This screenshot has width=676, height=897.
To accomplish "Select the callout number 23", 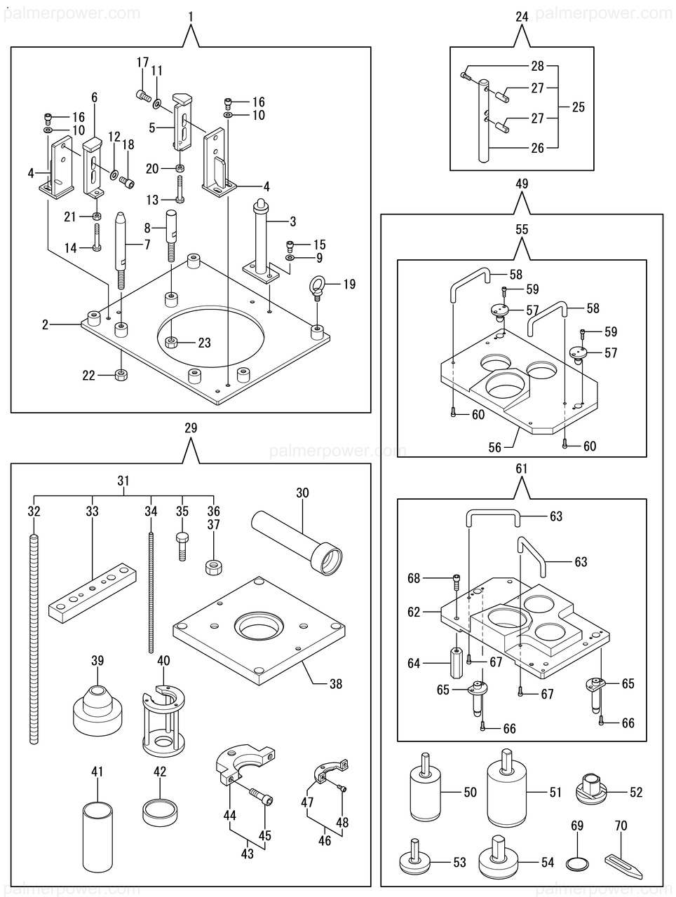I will (x=204, y=343).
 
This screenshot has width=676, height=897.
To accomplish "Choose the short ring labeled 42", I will (x=160, y=811).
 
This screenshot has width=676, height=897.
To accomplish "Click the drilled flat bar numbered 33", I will (x=90, y=592).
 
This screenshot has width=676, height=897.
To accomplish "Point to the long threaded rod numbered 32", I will (x=34, y=638).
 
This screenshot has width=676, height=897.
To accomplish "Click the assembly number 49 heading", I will (x=521, y=184).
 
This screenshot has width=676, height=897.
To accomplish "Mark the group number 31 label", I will (x=123, y=481).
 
